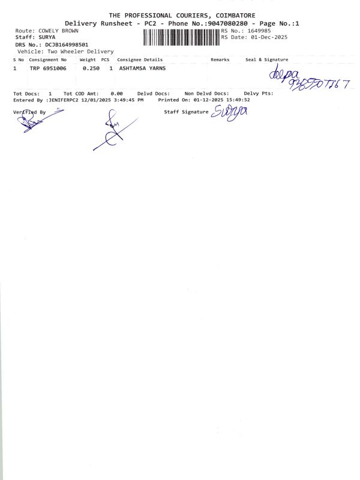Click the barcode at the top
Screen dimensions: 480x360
[x=181, y=37]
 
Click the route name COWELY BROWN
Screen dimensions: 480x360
[x=58, y=30]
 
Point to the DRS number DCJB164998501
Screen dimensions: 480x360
[x=67, y=44]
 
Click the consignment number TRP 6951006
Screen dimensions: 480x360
[x=49, y=69]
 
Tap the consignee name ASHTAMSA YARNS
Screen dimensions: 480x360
[x=143, y=69]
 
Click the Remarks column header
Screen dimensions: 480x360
[x=220, y=60]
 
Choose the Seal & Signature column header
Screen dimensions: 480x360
[x=266, y=60]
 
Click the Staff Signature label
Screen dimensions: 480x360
[x=186, y=112]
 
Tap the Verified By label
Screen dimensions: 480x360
[x=29, y=112]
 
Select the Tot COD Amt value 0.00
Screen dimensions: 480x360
[x=117, y=94]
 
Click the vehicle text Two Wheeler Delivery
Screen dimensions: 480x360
[x=80, y=52]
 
